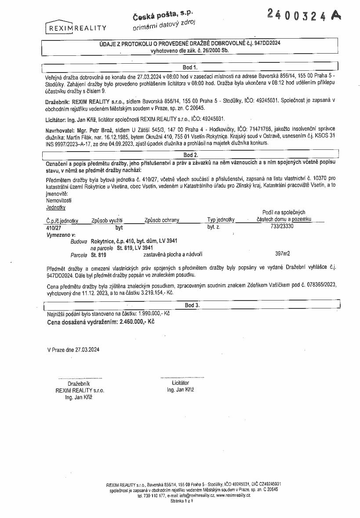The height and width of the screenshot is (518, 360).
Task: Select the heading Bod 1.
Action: point(190,67)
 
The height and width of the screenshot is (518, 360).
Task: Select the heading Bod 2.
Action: point(190,155)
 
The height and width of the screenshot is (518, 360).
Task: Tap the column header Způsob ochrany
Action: point(161,220)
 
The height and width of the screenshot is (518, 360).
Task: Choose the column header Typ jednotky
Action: point(221,220)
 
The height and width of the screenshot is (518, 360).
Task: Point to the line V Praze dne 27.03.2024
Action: point(73,350)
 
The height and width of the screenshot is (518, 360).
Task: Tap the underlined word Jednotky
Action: point(56,207)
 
